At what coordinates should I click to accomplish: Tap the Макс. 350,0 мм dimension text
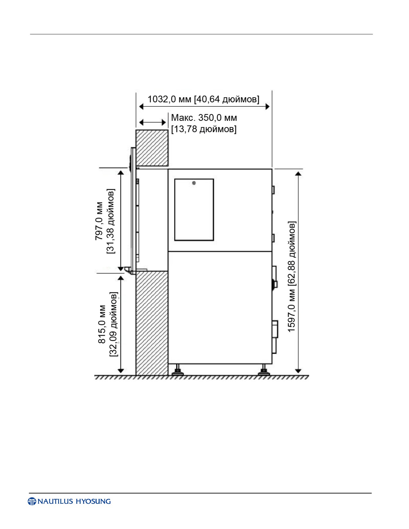click(204, 118)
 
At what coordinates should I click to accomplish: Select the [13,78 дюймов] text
click(204, 129)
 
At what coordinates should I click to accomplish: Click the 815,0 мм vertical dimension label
click(102, 324)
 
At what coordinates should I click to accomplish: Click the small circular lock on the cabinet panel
click(194, 183)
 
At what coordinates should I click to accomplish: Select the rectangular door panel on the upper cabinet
click(194, 210)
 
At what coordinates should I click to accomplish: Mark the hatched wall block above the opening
click(152, 148)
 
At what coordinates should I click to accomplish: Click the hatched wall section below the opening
click(152, 323)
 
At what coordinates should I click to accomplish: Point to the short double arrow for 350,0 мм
click(152, 122)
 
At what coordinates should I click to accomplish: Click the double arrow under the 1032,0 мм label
click(204, 106)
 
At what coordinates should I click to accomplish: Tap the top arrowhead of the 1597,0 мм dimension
click(298, 173)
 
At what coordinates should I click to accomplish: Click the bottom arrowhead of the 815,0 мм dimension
click(121, 371)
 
